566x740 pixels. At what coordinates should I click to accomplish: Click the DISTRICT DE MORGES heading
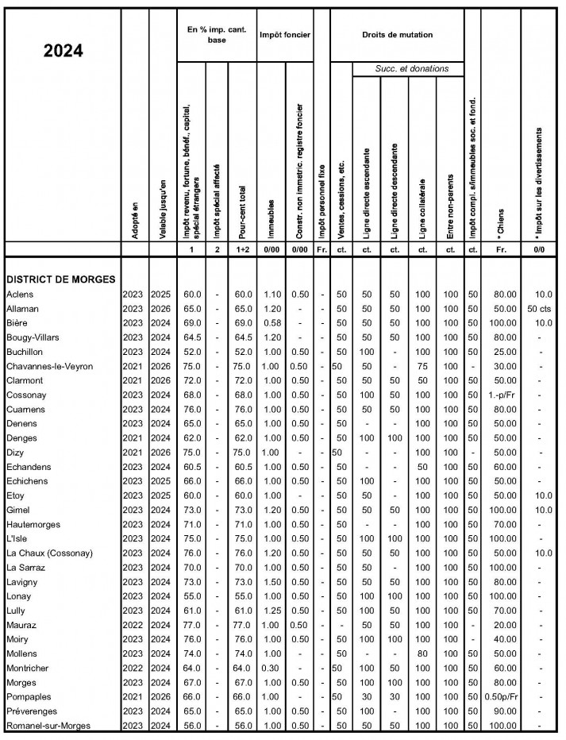(60, 279)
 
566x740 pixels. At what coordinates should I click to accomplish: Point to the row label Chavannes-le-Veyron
(52, 366)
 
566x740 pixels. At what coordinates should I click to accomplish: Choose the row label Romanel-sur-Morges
(49, 726)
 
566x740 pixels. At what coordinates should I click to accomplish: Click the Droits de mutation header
(397, 36)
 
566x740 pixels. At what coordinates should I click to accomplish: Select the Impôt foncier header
(284, 36)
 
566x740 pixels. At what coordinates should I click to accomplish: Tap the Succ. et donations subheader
(410, 69)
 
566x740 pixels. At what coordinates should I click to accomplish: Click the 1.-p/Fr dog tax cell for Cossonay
(500, 395)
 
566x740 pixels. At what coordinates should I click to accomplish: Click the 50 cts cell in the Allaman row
(541, 308)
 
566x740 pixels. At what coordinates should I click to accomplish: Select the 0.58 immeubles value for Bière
(271, 323)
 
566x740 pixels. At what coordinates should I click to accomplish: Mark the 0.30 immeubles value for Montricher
(271, 668)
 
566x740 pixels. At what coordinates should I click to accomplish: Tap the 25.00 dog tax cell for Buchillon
(500, 352)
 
